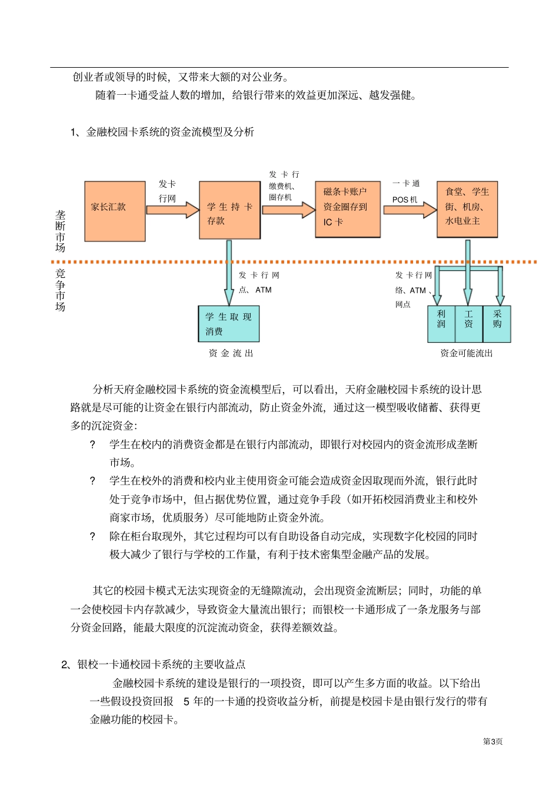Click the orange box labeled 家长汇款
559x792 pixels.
click(x=115, y=211)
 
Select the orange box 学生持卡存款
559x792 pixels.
click(x=229, y=210)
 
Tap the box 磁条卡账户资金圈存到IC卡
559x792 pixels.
click(x=347, y=208)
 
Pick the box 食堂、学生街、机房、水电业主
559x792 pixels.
click(x=467, y=209)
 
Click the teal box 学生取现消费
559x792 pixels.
click(x=229, y=324)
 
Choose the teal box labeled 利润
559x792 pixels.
click(x=441, y=324)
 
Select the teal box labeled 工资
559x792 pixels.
click(x=468, y=324)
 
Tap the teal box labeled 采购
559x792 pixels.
click(x=497, y=324)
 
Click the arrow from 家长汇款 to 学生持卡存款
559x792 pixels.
click(x=172, y=210)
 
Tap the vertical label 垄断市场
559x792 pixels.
click(x=60, y=231)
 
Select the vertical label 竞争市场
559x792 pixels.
click(x=60, y=290)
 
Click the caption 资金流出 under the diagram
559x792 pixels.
click(x=231, y=353)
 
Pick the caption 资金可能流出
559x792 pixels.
click(x=467, y=353)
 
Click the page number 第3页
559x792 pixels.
click(x=493, y=741)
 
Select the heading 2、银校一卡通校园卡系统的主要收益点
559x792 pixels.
click(x=154, y=664)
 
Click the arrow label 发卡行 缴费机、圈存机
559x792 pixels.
click(x=284, y=185)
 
